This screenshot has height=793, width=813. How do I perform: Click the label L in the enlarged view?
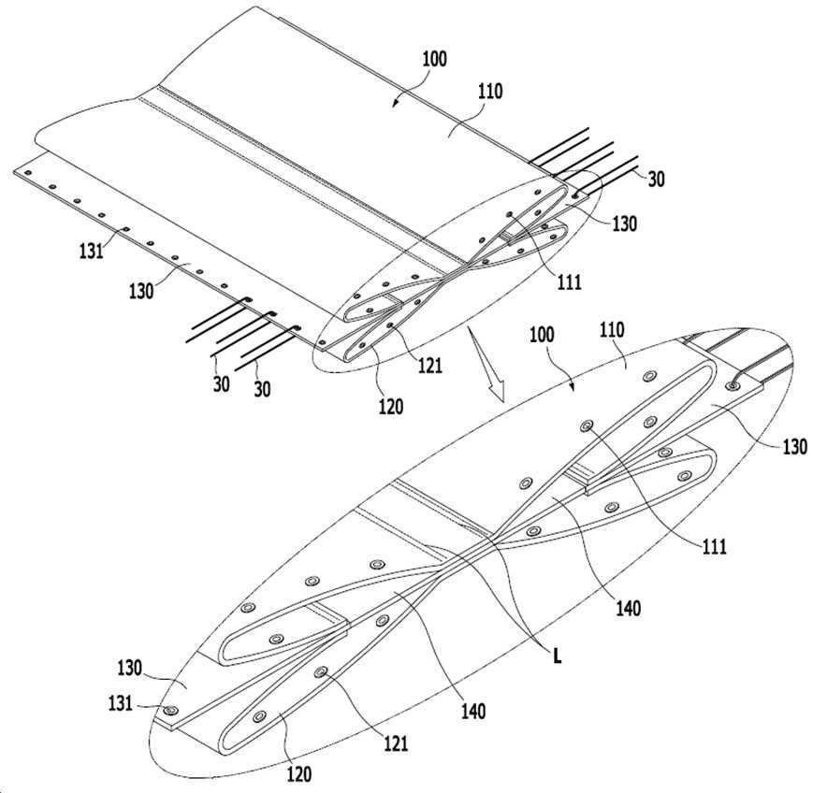[558, 656]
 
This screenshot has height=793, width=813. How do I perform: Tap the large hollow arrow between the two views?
[486, 364]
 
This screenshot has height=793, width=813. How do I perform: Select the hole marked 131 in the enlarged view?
[169, 710]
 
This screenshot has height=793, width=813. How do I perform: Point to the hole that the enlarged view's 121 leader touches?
[321, 672]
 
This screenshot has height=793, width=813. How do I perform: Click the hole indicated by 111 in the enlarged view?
[587, 426]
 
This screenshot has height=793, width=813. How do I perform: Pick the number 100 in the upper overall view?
[434, 59]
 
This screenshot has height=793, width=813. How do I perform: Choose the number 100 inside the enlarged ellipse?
[542, 335]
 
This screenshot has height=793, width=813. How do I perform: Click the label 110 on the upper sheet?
[490, 92]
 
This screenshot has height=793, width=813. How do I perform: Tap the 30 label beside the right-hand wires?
[656, 179]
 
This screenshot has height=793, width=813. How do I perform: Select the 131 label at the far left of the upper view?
[92, 252]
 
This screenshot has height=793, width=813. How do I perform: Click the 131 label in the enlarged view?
[121, 704]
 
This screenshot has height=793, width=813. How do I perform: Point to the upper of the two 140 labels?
[628, 608]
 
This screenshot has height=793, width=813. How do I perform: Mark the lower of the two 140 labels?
[473, 711]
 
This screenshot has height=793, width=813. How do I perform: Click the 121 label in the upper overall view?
[429, 366]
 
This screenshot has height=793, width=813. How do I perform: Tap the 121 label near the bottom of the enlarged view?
[396, 744]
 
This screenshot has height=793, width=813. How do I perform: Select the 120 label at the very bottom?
[299, 774]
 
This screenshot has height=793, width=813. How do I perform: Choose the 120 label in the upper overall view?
[390, 407]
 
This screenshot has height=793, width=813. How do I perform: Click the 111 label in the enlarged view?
[715, 546]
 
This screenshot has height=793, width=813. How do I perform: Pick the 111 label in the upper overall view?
[570, 282]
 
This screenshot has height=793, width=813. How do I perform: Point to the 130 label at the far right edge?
[795, 446]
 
